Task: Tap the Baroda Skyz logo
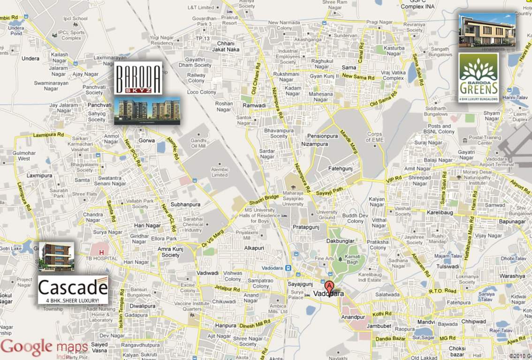click(x=138, y=78)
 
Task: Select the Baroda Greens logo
click(x=479, y=77)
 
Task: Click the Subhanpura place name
click(x=185, y=205)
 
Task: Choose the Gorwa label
click(x=144, y=141)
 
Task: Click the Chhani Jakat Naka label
click(x=226, y=46)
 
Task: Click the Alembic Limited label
click(x=220, y=172)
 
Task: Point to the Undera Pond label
click(x=16, y=31)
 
